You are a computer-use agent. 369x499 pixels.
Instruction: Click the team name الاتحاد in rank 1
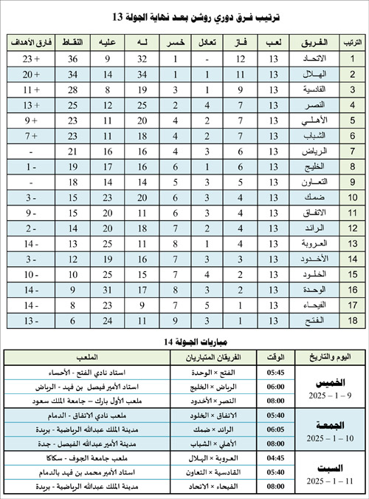(x=309, y=58)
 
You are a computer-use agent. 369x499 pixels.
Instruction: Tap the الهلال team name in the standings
(x=309, y=75)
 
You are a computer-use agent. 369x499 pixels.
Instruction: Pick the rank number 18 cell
(x=352, y=322)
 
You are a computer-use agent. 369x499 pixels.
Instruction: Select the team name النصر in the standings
(x=309, y=106)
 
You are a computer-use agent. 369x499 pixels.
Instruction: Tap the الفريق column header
(x=309, y=41)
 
